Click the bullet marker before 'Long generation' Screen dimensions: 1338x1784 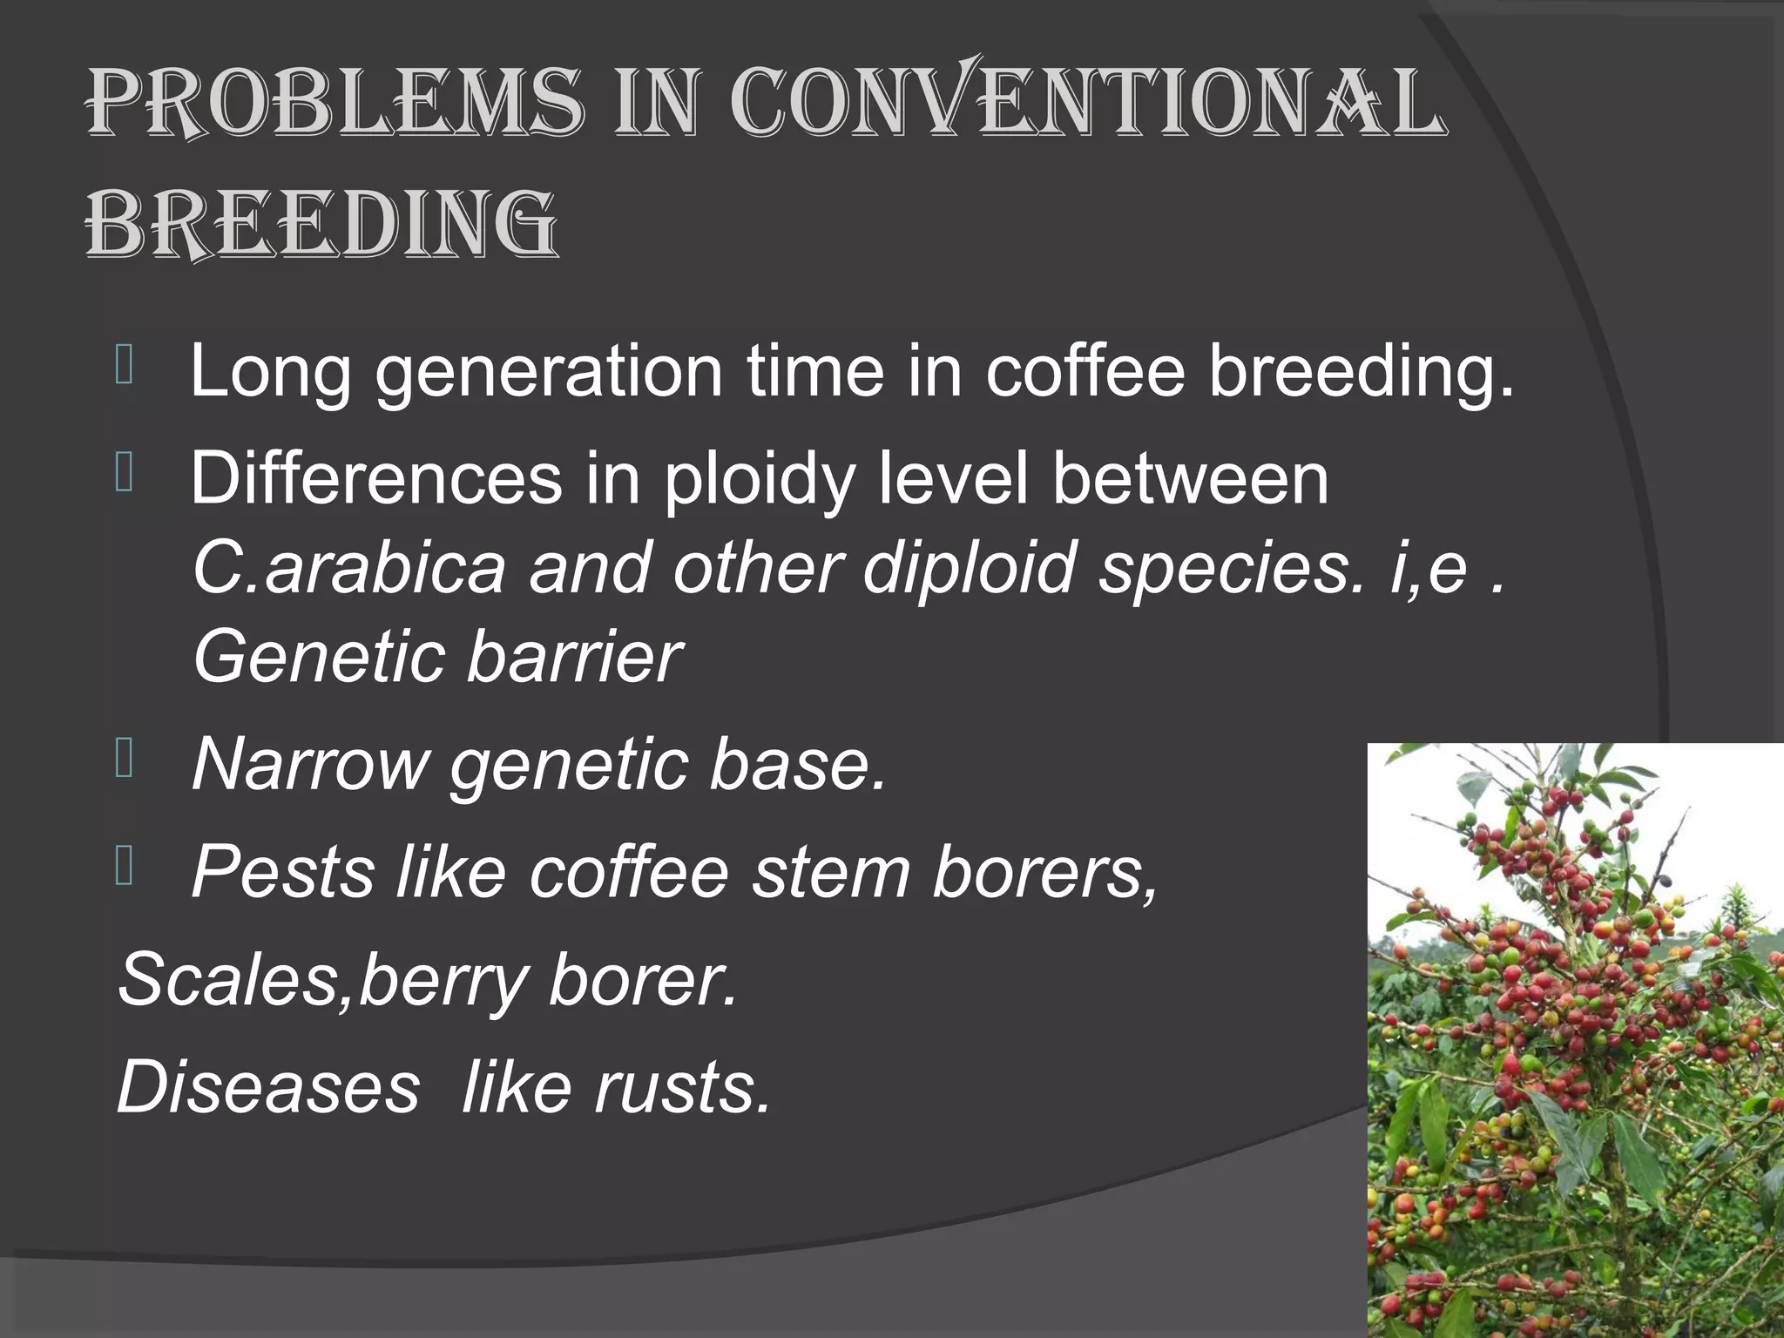[124, 366]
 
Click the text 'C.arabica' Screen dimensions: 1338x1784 [348, 567]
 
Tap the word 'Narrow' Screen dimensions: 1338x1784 [309, 764]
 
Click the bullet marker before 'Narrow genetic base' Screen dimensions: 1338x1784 [124, 757]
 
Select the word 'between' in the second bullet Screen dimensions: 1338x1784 [1190, 478]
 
